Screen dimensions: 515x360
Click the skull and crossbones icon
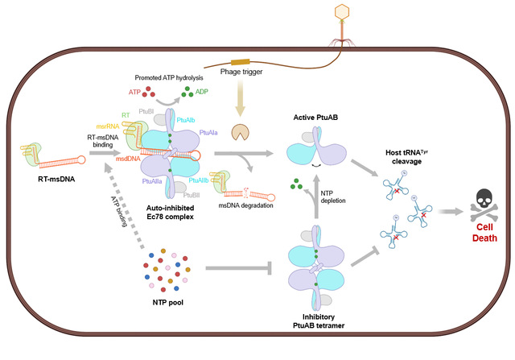[484, 205]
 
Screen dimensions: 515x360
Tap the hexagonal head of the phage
[341, 11]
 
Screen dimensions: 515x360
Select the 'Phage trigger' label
[241, 72]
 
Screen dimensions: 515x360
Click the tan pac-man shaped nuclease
[240, 132]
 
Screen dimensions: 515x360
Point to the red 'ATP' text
[134, 92]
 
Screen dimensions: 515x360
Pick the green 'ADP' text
[202, 91]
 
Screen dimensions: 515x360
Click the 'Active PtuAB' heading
[315, 118]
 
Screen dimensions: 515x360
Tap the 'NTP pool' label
[168, 303]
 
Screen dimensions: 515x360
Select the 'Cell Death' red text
[484, 233]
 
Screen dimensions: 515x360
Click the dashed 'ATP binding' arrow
[124, 205]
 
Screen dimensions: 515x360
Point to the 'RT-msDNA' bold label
[56, 179]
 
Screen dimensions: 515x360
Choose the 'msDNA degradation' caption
[245, 205]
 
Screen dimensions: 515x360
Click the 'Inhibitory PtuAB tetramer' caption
[319, 321]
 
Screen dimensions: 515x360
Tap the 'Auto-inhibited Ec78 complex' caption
[170, 213]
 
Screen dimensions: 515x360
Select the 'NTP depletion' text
[332, 197]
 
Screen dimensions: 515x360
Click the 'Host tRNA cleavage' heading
[406, 157]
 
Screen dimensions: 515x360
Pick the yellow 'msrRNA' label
[108, 126]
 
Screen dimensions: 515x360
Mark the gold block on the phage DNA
[240, 63]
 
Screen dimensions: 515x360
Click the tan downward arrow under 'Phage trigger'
[241, 98]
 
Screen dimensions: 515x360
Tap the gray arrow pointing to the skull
[451, 211]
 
